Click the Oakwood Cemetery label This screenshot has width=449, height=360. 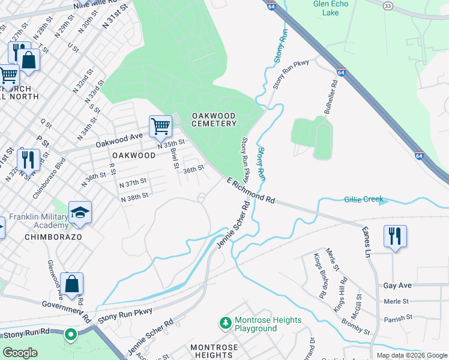click(214, 119)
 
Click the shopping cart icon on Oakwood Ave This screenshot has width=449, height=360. click(160, 126)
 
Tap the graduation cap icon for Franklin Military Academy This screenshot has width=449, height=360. click(80, 213)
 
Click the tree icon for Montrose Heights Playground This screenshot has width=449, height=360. click(226, 324)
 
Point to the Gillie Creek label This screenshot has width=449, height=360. click(364, 199)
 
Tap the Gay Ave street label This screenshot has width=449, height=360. click(397, 286)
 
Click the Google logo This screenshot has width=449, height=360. click(21, 353)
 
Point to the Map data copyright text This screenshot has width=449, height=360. click(411, 355)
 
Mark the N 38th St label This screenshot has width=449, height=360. click(134, 198)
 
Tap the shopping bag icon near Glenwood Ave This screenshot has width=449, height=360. click(71, 284)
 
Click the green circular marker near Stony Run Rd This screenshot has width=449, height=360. click(71, 334)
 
